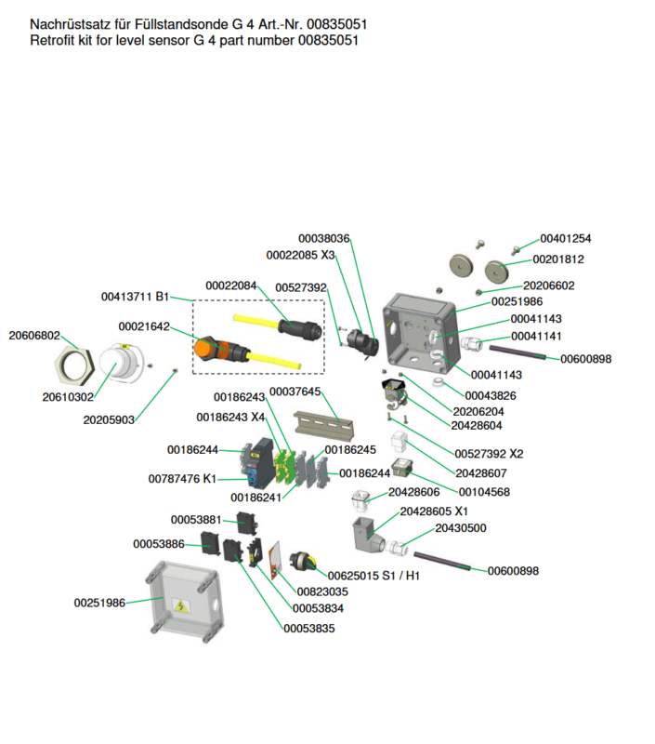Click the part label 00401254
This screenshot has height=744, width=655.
coord(565,239)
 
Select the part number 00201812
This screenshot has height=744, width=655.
coord(557,259)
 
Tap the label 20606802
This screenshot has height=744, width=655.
coord(34,335)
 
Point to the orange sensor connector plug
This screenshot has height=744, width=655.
coord(212,351)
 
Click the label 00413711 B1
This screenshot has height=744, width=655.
coord(135,297)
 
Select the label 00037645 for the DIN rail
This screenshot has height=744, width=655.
coord(295,392)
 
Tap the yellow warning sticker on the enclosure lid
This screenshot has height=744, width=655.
coord(179,607)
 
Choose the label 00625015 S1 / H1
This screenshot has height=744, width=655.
coord(373,576)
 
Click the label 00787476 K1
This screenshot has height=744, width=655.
coord(182,479)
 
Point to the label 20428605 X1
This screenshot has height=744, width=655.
coord(434,511)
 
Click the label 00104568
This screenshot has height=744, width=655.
coord(483,492)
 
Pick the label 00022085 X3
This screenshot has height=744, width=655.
coord(300,255)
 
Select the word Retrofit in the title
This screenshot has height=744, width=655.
coord(52,41)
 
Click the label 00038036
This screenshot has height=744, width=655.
coord(323,239)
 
